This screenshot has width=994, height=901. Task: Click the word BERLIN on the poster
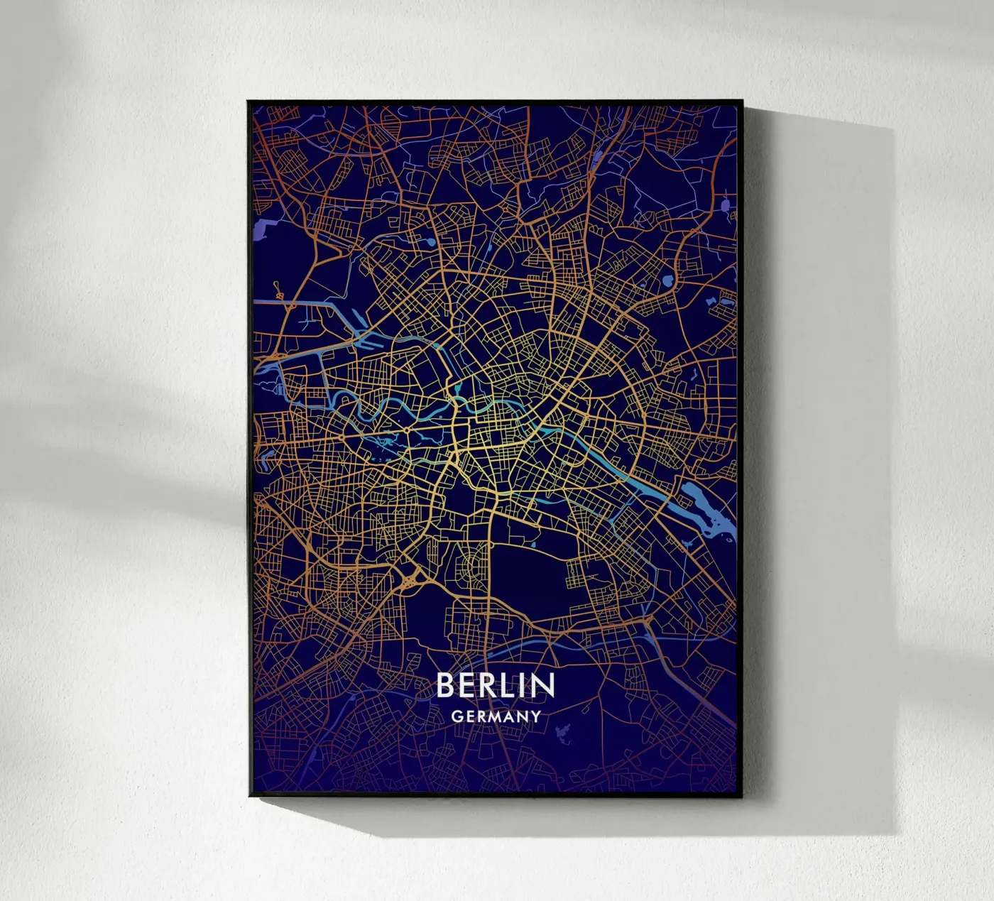click(x=495, y=685)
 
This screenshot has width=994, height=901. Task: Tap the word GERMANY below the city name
click(x=496, y=716)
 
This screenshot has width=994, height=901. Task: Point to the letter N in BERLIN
click(x=544, y=685)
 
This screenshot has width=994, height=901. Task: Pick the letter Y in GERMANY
click(x=536, y=716)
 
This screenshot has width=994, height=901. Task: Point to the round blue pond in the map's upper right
click(x=668, y=282)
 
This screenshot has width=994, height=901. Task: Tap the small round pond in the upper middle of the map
click(x=430, y=244)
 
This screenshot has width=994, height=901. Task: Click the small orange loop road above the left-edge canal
click(x=279, y=291)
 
